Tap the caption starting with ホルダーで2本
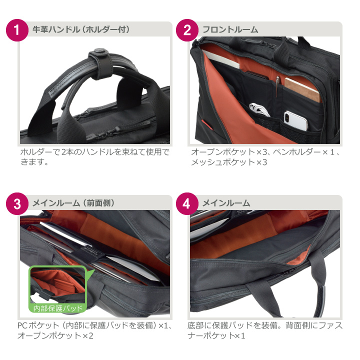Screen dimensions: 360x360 pos(94,156)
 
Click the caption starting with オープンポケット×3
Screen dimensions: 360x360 pos(265,156)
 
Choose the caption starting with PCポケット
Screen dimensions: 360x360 pos(94,330)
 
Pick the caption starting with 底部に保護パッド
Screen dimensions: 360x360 pos(265,330)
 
